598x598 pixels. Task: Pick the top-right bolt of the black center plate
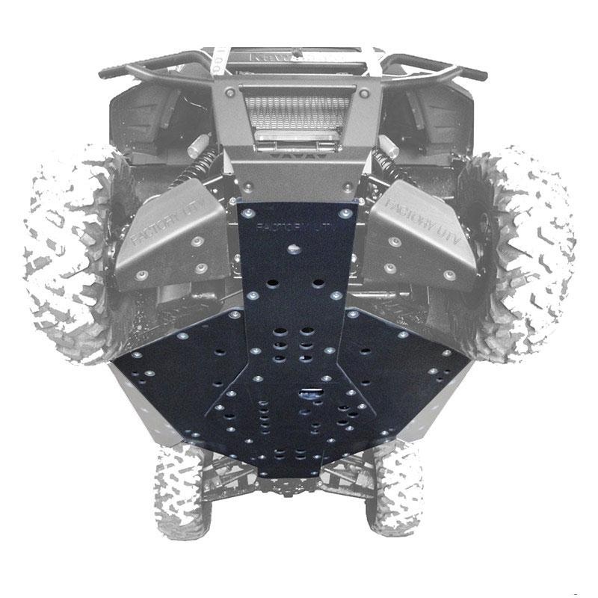click(344, 213)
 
